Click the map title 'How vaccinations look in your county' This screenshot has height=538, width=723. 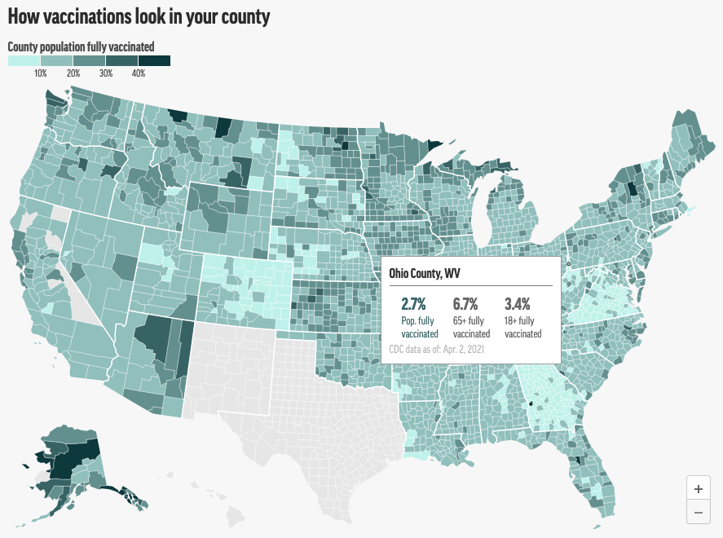[139, 16]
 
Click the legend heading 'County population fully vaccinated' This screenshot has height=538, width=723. [81, 46]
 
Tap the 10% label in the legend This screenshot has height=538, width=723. [41, 74]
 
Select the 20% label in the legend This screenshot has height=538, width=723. [73, 74]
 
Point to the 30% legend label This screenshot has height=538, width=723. [106, 74]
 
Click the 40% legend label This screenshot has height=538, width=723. [139, 74]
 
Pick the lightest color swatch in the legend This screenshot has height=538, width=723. [24, 61]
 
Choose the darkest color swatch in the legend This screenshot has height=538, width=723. [154, 61]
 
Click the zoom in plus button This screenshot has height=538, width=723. [699, 489]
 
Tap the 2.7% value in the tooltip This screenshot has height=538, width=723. [413, 305]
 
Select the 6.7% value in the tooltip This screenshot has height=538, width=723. [465, 305]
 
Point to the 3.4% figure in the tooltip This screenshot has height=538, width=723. [517, 305]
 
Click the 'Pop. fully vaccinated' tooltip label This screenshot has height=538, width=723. [420, 328]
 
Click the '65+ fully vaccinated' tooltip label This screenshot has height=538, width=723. [471, 328]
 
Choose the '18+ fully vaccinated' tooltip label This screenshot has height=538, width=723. [522, 328]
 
